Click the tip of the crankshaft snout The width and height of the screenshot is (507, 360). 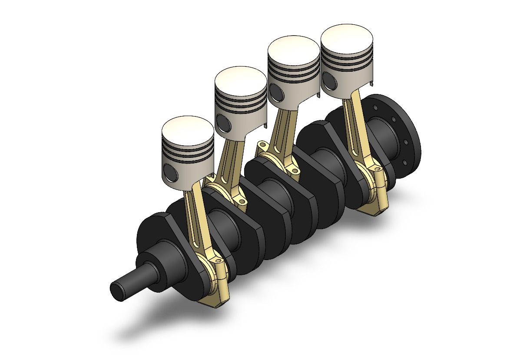pos(117,290)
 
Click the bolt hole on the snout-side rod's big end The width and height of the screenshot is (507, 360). pos(218,262)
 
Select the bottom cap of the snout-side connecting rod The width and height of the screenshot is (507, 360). pos(213,300)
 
